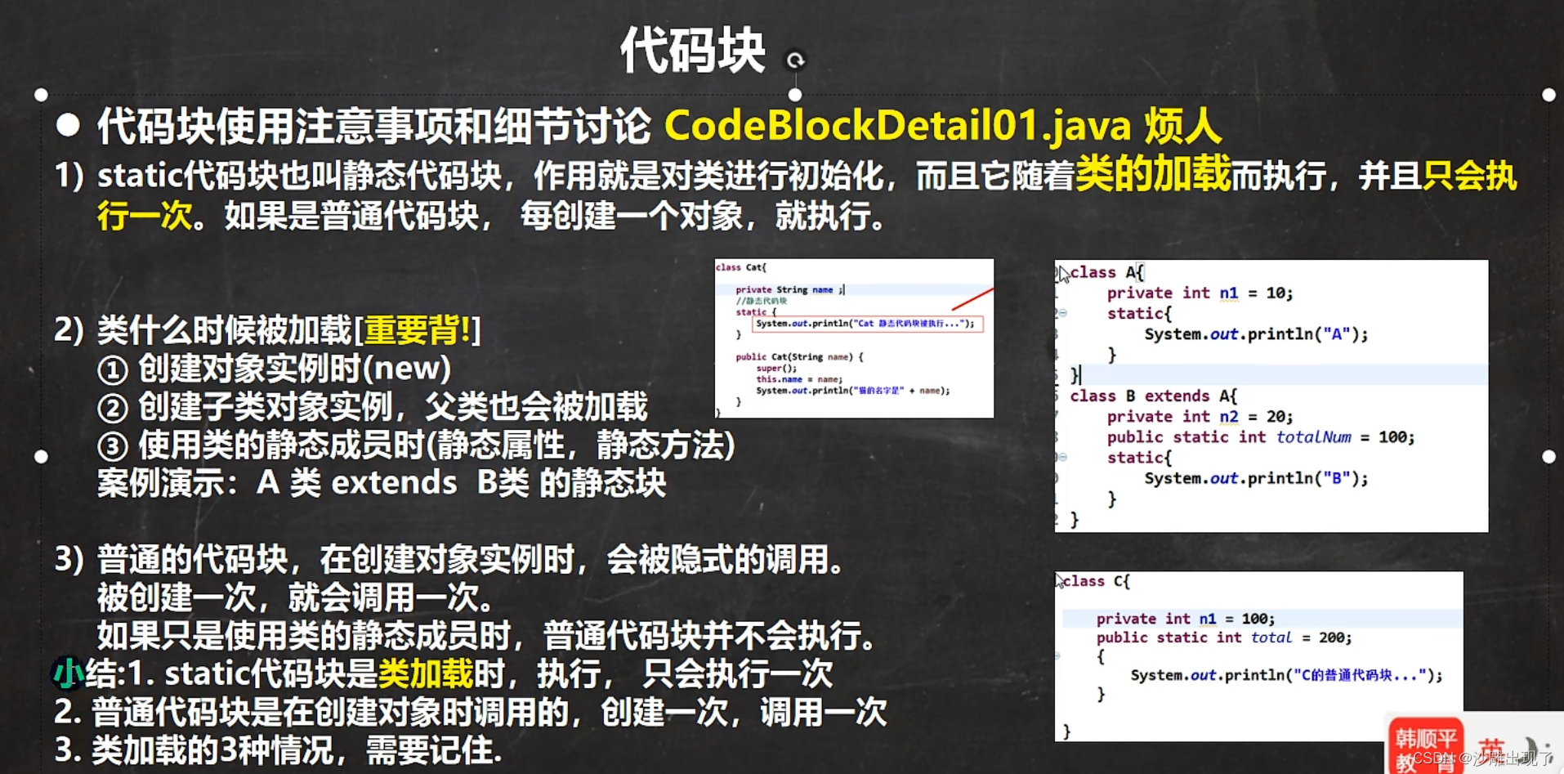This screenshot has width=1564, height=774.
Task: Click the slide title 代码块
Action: click(692, 51)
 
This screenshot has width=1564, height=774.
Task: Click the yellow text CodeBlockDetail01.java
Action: click(897, 126)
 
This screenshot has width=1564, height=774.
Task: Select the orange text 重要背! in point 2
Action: click(418, 330)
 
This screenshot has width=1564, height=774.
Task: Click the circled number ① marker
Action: click(113, 370)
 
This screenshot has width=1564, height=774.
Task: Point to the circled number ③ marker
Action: click(113, 446)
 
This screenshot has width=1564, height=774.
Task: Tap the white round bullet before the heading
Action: click(69, 125)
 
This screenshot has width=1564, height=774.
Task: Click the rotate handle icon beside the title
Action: click(795, 60)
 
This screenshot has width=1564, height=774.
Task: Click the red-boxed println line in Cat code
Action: click(866, 324)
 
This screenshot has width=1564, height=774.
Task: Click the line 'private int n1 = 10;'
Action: click(1200, 293)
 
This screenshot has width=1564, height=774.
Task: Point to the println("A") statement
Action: click(1255, 333)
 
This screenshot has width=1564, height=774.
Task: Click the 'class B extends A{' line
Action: click(1153, 396)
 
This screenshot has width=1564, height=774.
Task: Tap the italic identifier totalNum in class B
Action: click(1313, 436)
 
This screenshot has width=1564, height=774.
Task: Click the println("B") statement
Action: click(1255, 478)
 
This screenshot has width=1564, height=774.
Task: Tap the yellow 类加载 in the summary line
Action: click(426, 674)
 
